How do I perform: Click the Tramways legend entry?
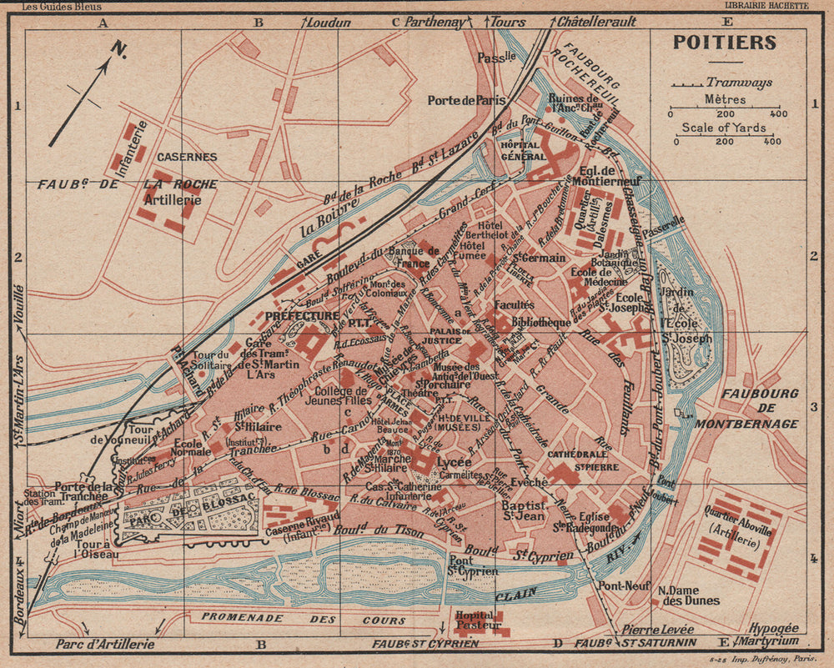coord(739,82)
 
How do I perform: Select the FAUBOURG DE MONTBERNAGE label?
coord(761,408)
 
